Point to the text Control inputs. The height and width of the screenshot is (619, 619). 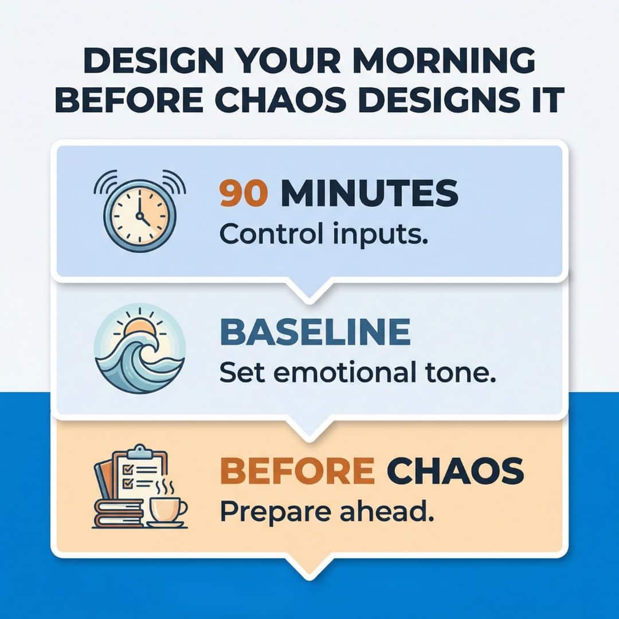324,234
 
